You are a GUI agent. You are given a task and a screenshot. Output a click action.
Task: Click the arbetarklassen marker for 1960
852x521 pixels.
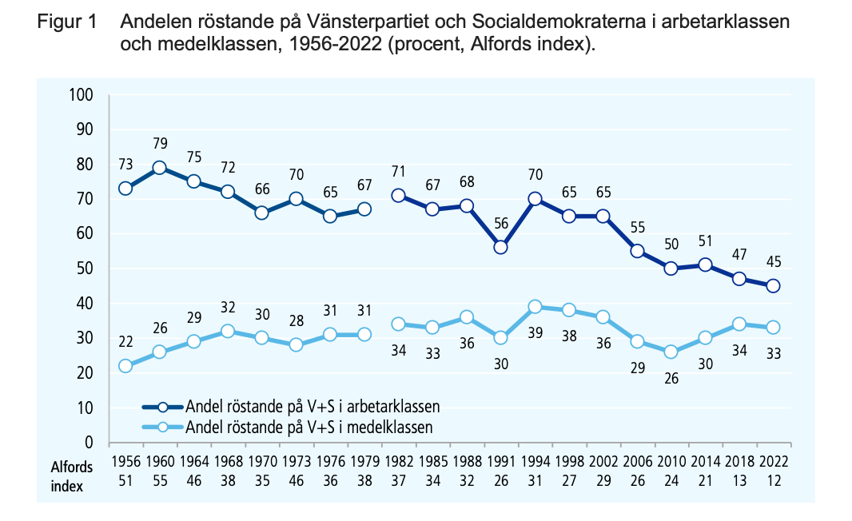159,168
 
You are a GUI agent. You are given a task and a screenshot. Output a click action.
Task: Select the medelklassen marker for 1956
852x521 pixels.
125,366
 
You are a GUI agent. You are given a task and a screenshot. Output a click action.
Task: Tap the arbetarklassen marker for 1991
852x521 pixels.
500,248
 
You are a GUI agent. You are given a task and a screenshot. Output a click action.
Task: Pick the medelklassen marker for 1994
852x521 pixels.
535,307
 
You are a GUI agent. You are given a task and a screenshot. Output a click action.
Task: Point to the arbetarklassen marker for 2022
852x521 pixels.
773,286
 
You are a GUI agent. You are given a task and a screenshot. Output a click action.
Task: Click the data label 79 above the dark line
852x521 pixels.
159,144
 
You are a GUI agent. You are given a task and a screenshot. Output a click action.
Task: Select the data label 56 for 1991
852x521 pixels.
500,224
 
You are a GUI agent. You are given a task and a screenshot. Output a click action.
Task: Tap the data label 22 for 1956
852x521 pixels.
125,342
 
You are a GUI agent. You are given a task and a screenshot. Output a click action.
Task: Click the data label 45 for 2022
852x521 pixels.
773,262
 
